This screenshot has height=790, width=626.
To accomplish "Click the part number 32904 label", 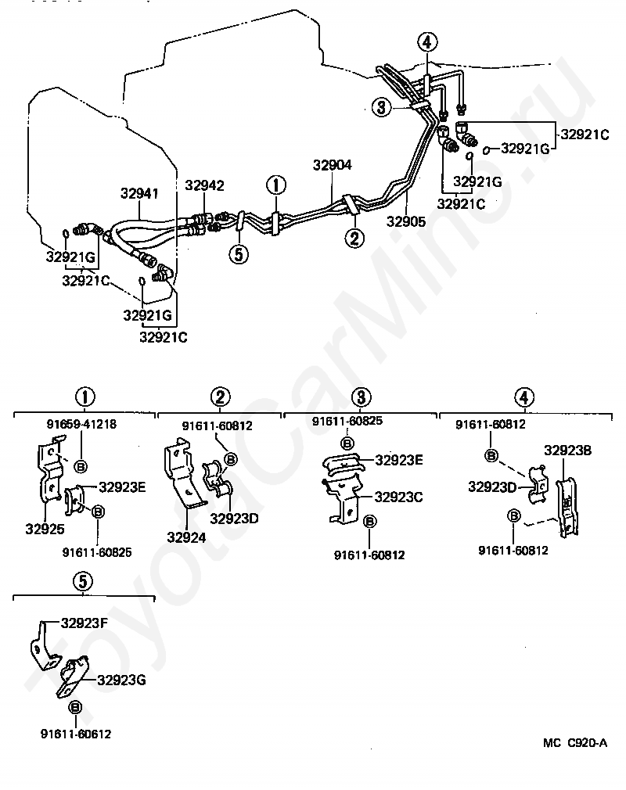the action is [332, 165].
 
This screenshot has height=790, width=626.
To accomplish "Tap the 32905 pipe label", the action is [406, 221].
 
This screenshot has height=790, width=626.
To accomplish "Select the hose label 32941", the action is [139, 193].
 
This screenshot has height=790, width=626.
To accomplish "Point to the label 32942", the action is [204, 185].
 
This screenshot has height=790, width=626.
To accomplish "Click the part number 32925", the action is [45, 529].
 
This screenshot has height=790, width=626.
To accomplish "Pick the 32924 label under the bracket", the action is [186, 537].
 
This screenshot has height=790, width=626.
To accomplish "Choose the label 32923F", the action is [85, 623].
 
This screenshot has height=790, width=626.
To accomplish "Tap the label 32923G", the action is [121, 680].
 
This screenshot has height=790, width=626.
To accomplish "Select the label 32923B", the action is [567, 451].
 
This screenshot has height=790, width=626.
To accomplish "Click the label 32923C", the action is [398, 497].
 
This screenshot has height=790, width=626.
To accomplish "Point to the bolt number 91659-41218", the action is [81, 424].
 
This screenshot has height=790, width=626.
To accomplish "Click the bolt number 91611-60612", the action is [76, 734].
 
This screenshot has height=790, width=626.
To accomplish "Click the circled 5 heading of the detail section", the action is [83, 581].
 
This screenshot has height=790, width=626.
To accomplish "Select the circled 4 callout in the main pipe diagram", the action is [427, 41].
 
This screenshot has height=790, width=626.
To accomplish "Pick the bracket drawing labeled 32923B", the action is [567, 505].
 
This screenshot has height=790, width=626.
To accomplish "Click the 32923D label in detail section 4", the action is [492, 487].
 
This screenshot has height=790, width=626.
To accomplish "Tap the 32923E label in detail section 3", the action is [399, 460].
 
